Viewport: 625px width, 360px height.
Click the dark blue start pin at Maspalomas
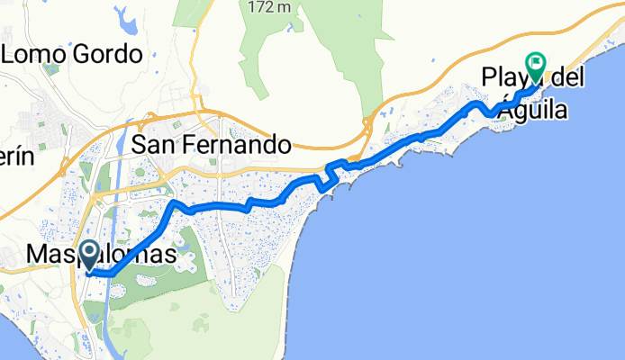pyautogui.click(x=90, y=253)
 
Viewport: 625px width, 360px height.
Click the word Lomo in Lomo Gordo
pyautogui.click(x=36, y=54)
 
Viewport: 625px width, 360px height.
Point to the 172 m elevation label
pyautogui.click(x=269, y=6)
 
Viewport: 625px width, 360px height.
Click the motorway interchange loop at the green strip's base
pyautogui.click(x=367, y=126)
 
